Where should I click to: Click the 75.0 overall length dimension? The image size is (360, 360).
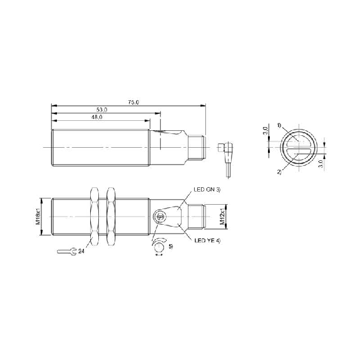pyautogui.click(x=133, y=103)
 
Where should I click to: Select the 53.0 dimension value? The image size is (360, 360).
pyautogui.click(x=101, y=110)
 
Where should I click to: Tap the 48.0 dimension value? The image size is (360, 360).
pyautogui.click(x=97, y=117)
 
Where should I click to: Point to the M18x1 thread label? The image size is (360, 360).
pyautogui.click(x=38, y=217)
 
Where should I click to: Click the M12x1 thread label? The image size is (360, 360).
pyautogui.click(x=222, y=217)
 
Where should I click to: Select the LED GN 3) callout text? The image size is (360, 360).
pyautogui.click(x=207, y=190)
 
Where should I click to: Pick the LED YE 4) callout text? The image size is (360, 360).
pyautogui.click(x=207, y=240)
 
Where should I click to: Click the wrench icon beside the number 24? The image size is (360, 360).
pyautogui.click(x=66, y=252)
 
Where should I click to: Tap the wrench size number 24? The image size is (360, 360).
pyautogui.click(x=81, y=252)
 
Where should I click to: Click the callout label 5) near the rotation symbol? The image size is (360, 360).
pyautogui.click(x=171, y=247)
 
